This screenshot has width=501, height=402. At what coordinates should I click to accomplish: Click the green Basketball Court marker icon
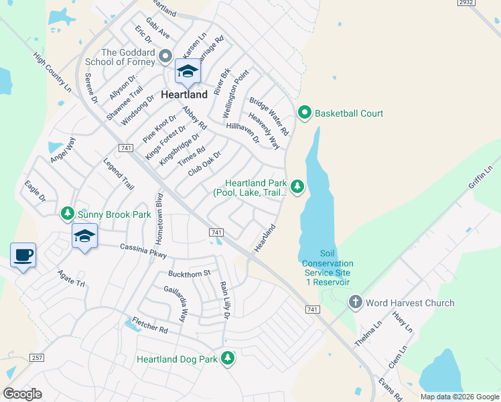(305, 113)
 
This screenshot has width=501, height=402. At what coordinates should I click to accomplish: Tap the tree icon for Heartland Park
(297, 186)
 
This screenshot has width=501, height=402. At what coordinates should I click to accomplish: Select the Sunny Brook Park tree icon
(67, 214)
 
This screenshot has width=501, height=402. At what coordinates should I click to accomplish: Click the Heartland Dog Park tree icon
(228, 358)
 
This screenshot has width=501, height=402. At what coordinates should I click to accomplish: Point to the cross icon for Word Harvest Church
(355, 303)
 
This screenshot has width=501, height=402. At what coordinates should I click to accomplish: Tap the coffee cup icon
(23, 255)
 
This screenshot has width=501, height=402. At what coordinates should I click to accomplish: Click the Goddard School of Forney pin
(165, 55)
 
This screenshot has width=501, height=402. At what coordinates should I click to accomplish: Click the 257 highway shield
(37, 358)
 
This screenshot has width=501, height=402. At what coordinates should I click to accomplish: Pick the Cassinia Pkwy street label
(143, 251)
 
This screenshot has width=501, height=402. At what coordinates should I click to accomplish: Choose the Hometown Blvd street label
(159, 219)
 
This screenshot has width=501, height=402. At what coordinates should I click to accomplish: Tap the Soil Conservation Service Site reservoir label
(328, 268)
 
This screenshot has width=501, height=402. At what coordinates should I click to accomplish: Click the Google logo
(23, 394)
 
